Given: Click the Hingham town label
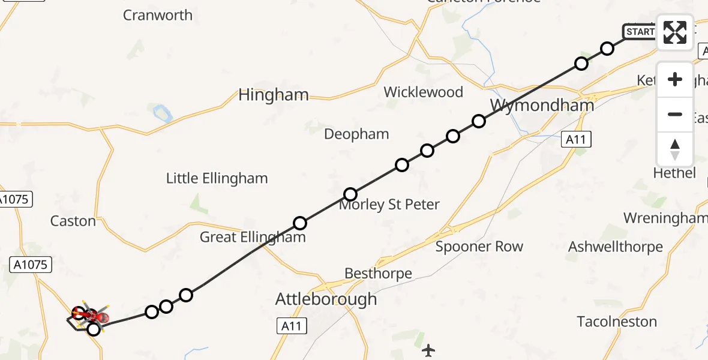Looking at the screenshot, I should point(274,95).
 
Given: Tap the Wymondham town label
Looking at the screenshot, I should point(542,106).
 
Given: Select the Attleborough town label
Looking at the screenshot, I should point(326,299).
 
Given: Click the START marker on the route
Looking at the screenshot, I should point(640,32).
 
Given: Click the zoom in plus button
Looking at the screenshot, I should point(675,79).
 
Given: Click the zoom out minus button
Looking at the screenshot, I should point(675,114).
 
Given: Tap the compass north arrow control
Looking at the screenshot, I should point(675,149).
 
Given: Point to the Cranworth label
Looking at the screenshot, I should point(158,15).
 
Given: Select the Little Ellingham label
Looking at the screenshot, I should point(217,178).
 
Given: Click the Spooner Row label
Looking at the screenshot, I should point(479,247).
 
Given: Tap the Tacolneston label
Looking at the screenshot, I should point(617,322).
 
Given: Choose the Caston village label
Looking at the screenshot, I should point(73,221).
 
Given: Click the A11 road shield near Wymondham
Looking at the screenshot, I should point(577,140).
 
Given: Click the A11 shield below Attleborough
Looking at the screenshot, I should point(292,326).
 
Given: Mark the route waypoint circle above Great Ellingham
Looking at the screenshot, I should point(300,223).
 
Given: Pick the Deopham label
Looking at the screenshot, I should point(356,134).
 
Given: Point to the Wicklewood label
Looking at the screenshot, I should point(423,92).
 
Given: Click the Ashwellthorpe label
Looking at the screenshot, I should point(615,247).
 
